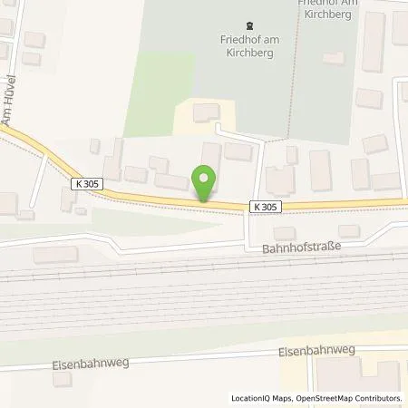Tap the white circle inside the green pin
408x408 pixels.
(206, 179)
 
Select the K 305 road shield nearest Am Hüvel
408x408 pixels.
(83, 183)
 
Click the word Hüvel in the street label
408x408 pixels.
(12, 90)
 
